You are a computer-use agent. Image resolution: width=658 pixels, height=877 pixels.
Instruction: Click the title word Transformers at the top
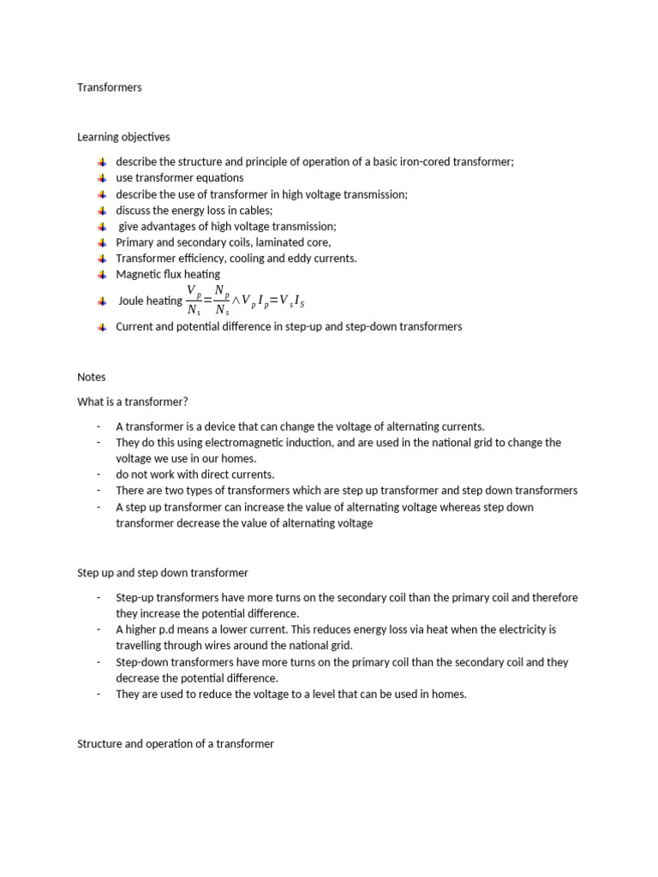110,87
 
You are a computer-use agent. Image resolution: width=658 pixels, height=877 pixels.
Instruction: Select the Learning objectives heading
123,137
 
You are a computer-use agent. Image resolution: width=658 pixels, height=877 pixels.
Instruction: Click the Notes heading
91,377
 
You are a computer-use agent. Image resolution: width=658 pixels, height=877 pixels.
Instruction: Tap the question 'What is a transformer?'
132,402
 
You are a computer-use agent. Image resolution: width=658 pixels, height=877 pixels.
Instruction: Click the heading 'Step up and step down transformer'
163,572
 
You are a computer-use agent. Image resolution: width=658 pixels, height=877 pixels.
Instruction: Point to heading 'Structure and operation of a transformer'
176,743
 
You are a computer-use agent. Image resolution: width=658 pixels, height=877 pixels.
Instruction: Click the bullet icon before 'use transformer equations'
101,178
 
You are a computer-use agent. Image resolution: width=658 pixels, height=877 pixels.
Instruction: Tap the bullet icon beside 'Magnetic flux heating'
101,275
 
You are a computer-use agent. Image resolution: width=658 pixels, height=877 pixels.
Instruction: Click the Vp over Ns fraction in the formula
194,301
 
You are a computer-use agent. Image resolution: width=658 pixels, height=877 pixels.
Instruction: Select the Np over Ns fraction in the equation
222,301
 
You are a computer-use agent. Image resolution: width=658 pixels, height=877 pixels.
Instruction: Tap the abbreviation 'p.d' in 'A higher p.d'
164,629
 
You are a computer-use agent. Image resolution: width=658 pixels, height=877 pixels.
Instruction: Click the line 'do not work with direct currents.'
195,474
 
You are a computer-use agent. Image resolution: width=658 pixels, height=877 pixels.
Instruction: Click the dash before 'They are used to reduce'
99,695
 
